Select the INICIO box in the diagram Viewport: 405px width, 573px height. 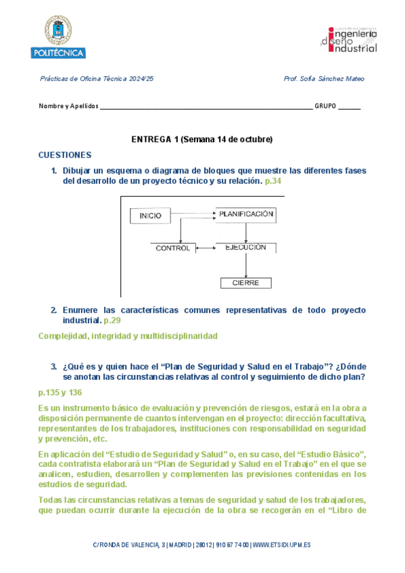tap(150, 216)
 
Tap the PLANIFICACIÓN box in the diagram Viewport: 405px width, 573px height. tap(245, 214)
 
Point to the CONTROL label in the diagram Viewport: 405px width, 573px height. tap(172, 248)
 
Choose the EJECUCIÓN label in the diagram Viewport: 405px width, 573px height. tap(245, 247)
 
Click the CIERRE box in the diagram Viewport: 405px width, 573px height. tap(245, 283)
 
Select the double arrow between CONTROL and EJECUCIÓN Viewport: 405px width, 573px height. tap(205, 248)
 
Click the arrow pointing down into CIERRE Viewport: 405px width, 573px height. tap(245, 267)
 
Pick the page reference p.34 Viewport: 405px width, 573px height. tap(273, 182)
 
